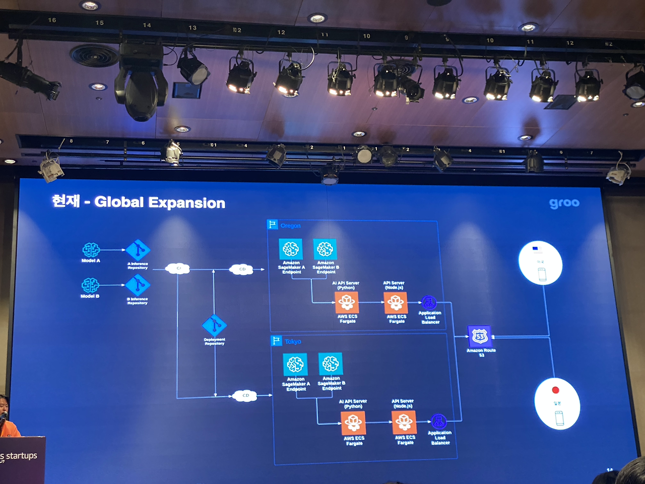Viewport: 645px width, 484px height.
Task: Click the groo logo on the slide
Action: [564, 203]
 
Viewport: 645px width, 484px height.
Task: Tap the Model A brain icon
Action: [91, 250]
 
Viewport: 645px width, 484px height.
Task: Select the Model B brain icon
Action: [90, 285]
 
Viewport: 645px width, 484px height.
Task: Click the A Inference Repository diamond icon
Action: [138, 250]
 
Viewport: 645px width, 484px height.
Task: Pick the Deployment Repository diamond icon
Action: [214, 326]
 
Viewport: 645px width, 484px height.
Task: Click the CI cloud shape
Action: [178, 269]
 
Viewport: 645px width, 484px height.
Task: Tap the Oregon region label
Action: [290, 225]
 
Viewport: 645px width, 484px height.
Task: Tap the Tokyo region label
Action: [293, 341]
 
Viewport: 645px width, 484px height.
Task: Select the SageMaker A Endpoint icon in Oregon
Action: [291, 249]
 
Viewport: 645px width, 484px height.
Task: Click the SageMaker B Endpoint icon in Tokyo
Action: [331, 364]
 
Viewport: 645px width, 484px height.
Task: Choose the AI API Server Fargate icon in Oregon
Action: [347, 302]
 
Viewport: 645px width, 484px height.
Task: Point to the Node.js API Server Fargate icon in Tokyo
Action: [404, 422]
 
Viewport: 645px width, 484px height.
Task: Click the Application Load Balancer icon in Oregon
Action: [428, 302]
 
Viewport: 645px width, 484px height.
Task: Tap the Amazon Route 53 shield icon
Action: [480, 336]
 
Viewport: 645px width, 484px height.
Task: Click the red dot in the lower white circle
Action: [555, 390]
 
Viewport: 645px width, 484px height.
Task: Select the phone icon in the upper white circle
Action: [542, 274]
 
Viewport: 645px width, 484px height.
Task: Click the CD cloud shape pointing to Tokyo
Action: [245, 395]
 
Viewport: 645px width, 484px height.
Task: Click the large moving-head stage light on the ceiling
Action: [141, 83]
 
